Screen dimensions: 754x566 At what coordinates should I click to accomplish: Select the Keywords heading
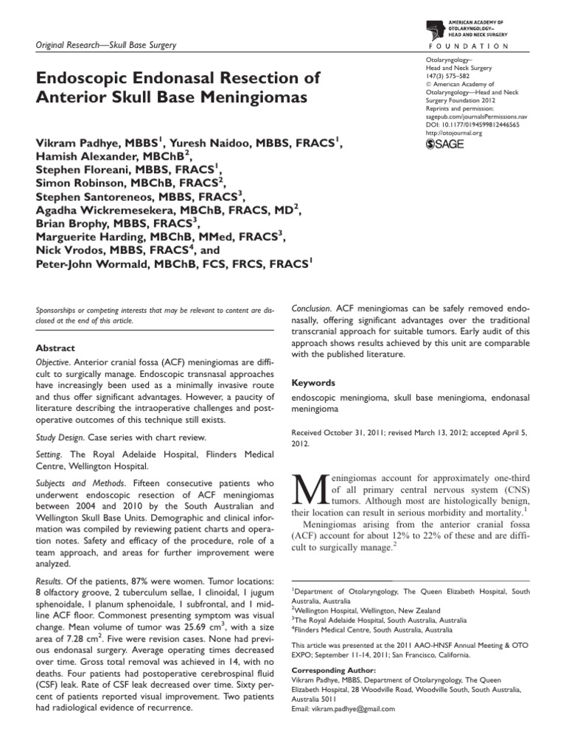point(315,383)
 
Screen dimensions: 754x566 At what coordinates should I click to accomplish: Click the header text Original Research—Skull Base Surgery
point(106,46)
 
